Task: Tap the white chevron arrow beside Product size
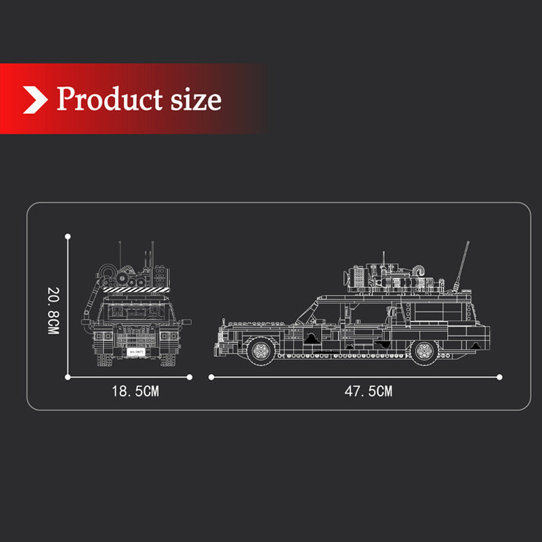point(35,99)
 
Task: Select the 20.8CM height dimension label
point(54,310)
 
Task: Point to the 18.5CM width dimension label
point(135,391)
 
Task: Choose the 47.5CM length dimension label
point(368,391)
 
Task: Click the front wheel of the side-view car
point(259,350)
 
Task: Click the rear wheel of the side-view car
point(425,350)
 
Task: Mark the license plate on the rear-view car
point(134,352)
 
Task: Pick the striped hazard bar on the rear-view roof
point(134,289)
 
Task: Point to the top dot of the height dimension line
point(68,236)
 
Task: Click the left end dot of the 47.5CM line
point(211,376)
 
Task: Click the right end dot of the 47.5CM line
point(500,376)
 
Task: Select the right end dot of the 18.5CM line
point(190,376)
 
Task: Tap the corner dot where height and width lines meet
point(68,376)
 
